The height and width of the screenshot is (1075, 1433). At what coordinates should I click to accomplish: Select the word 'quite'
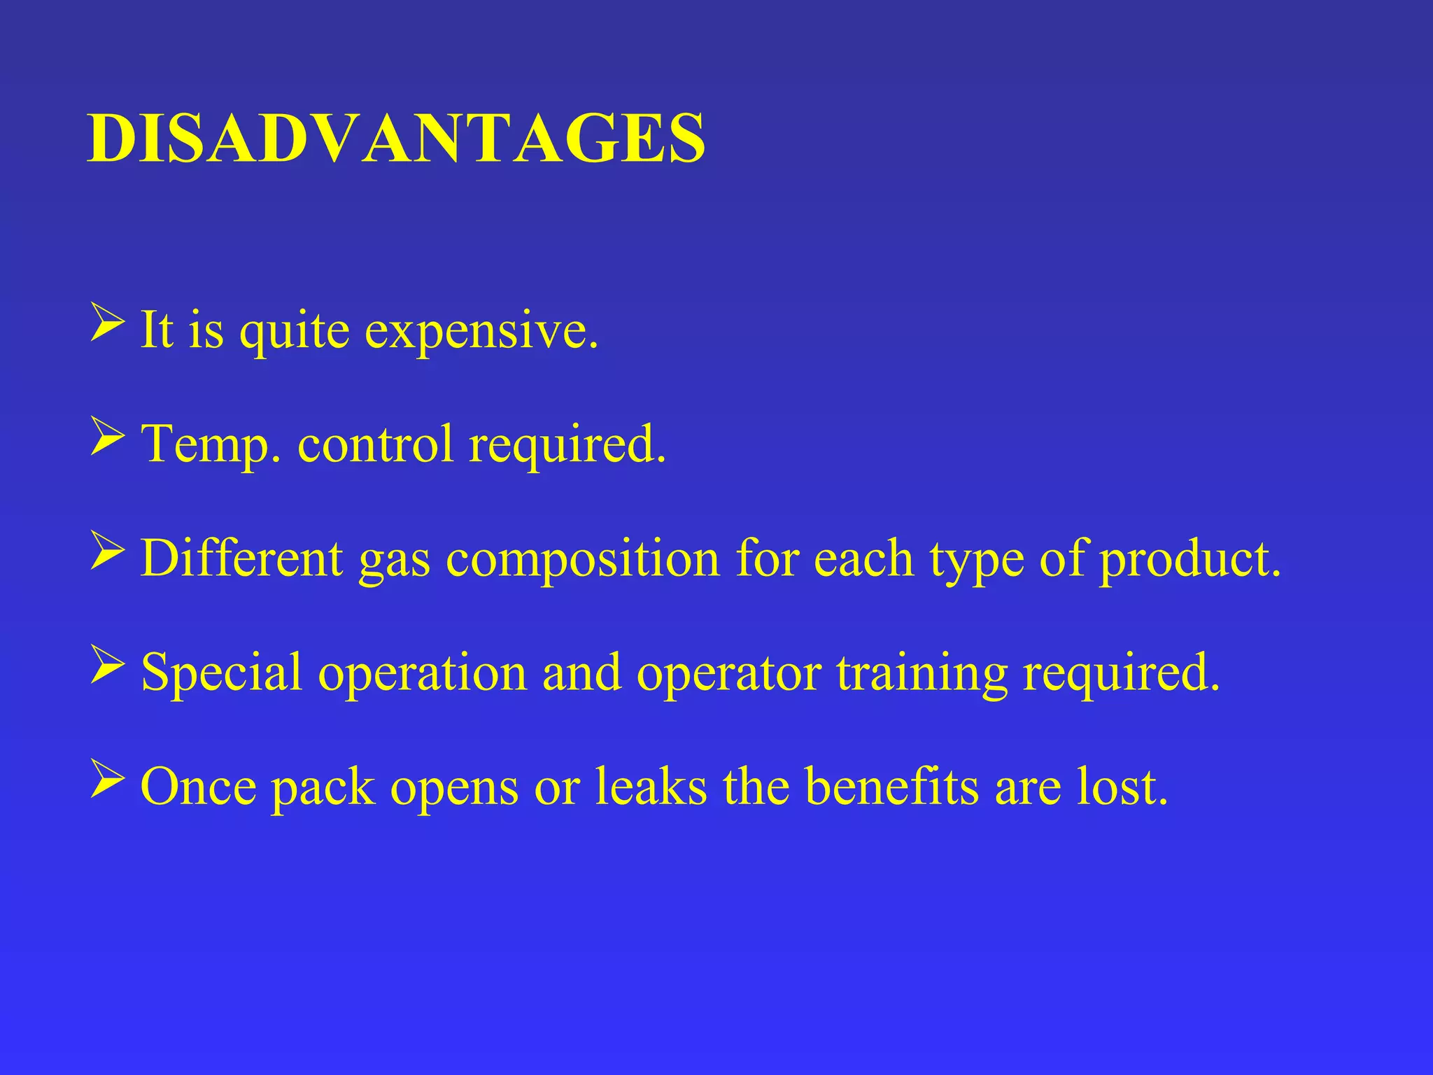point(295,330)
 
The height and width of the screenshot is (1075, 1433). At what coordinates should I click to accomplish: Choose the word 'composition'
point(583,560)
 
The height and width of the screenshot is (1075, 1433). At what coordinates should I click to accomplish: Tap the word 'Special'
point(222,673)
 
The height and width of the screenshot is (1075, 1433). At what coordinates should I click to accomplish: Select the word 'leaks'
point(651,786)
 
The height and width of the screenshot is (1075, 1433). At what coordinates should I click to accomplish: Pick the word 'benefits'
point(891,786)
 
